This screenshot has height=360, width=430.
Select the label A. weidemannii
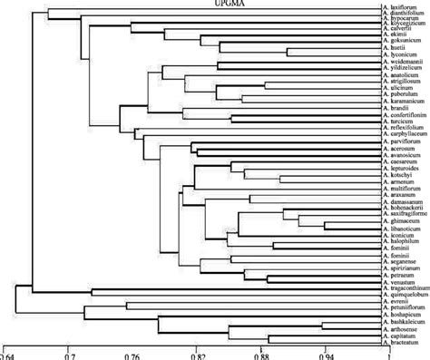click(406, 60)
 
